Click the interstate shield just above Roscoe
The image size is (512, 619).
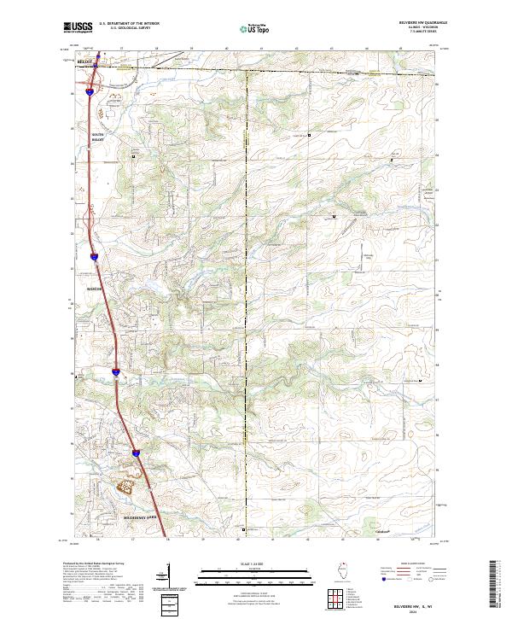point(93,255)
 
